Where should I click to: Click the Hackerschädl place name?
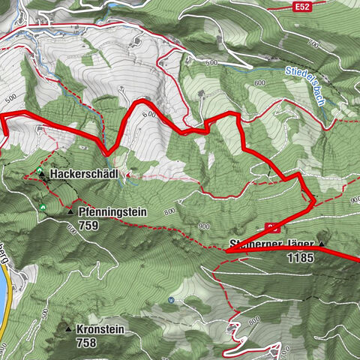tap(82, 174)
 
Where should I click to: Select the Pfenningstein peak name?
tap(112, 212)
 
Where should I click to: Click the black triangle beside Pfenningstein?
tap(70, 212)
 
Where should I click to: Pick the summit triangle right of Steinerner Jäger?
tap(322, 244)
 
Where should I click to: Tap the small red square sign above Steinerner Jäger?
tap(273, 226)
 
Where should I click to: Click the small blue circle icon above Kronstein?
tap(171, 300)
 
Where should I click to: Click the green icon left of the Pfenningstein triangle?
tap(43, 206)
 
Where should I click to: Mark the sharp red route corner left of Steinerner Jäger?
tap(225, 252)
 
